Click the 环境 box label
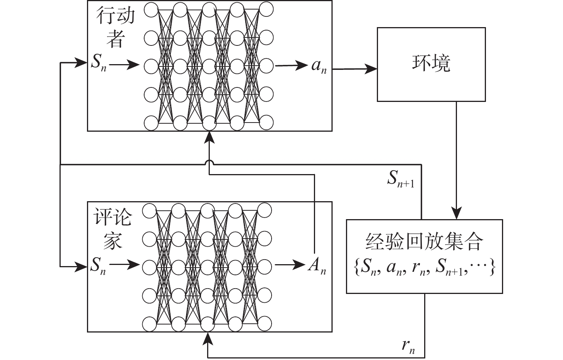(431, 63)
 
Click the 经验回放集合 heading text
(424, 242)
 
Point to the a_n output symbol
(319, 66)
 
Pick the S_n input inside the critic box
(98, 265)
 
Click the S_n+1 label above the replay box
(401, 179)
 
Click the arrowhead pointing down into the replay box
(457, 213)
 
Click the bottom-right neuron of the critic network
(264, 324)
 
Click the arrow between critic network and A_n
(290, 265)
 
